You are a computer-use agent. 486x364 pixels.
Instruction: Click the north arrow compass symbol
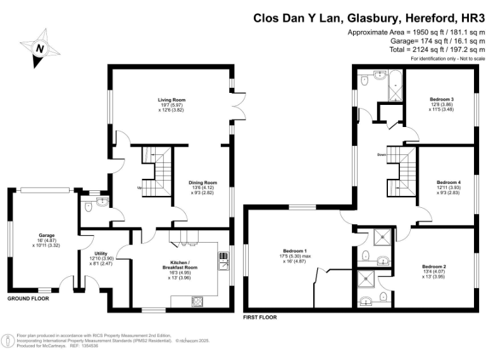[x=40, y=48]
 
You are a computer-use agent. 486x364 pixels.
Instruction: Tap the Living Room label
[x=171, y=100]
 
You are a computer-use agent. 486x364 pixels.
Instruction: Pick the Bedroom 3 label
[x=442, y=99]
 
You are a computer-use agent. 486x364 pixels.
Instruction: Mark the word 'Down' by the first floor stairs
[x=382, y=155]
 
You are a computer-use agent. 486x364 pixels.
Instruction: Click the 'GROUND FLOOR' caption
[x=28, y=298]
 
